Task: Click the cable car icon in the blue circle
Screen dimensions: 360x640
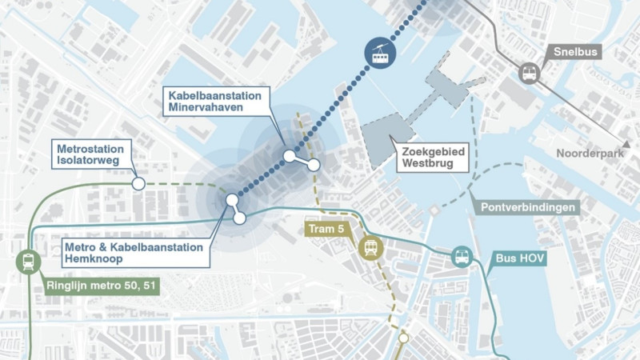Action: [381, 52]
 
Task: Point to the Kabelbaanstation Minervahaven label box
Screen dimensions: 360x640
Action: [215, 102]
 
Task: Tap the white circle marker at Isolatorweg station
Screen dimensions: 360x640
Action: [138, 184]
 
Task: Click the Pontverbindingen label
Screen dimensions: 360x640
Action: [529, 207]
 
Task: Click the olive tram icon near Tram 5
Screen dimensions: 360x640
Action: [371, 248]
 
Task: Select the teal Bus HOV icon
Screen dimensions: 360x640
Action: [462, 258]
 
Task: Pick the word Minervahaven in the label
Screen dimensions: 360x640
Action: [215, 108]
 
